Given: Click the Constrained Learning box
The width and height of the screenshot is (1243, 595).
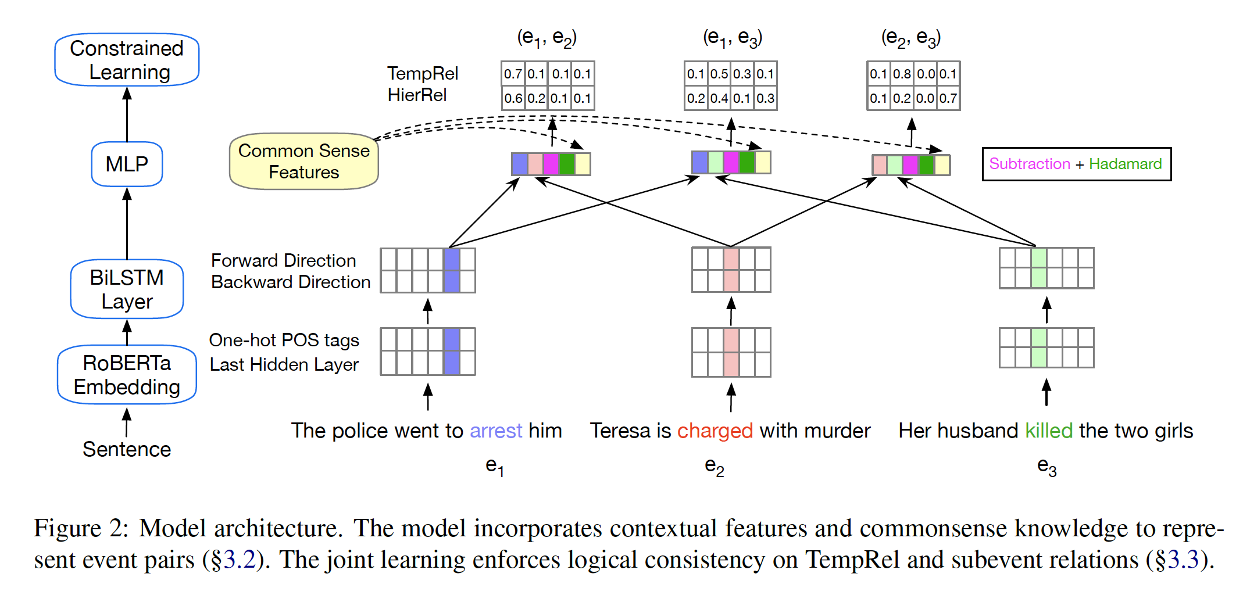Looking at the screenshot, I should (x=127, y=60).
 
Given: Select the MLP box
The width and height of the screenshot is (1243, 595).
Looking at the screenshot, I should (x=127, y=164).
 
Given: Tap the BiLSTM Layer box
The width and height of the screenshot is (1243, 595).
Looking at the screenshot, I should (x=127, y=289).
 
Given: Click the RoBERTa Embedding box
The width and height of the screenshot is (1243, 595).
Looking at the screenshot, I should (x=127, y=375).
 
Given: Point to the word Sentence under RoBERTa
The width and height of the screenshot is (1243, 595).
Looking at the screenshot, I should (x=127, y=449).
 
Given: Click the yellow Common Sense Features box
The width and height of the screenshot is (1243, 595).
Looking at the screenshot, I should (x=303, y=162).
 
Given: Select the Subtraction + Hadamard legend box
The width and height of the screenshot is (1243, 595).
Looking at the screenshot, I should (x=1076, y=164).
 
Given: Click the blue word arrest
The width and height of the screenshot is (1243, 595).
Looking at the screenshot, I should (x=496, y=431).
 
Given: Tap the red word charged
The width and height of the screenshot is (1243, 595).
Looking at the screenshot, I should (x=715, y=431).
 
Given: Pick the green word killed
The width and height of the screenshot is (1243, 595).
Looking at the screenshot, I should (x=1048, y=431).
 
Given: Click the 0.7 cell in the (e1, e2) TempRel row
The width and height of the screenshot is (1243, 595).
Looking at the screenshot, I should (x=513, y=74).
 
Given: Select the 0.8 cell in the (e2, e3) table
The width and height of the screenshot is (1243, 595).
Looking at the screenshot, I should (x=902, y=74).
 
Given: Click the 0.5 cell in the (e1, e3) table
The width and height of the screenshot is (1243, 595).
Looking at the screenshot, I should (x=719, y=74).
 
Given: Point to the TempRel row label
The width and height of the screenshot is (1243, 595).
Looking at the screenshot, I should (x=423, y=73).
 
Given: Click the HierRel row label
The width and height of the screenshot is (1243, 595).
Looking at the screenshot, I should (x=417, y=95).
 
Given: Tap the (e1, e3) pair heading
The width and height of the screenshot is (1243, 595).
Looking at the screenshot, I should (x=732, y=38).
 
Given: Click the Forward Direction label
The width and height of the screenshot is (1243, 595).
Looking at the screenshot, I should (x=283, y=260).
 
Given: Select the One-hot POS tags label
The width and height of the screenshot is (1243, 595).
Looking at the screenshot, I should (x=284, y=340).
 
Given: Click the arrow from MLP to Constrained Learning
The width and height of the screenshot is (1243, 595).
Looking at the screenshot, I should (x=127, y=114).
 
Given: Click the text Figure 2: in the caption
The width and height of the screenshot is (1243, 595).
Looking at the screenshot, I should (x=81, y=528).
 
